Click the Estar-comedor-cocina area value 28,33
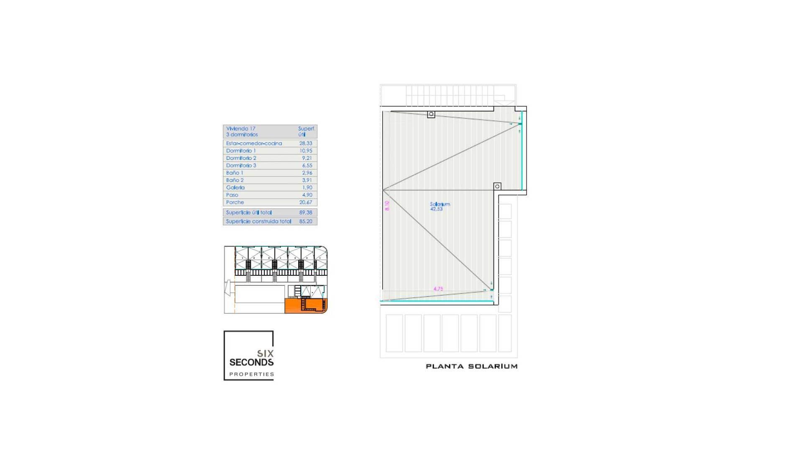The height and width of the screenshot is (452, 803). point(306,143)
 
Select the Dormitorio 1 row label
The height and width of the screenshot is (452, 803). point(241,151)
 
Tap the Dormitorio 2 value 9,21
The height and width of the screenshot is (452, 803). point(307,158)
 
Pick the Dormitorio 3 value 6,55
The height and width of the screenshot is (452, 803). point(307,165)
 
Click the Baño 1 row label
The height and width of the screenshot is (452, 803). point(235,173)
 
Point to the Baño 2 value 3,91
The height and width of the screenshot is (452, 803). point(307,180)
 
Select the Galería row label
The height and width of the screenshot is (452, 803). point(235,187)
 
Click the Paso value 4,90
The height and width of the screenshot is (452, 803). point(307,195)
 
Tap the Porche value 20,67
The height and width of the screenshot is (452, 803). point(306,202)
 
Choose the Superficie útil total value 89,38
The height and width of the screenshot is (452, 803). point(306,213)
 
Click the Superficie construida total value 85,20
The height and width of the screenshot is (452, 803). point(306,221)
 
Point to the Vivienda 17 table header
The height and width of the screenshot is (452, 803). point(242,131)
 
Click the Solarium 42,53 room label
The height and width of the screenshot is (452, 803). point(440,206)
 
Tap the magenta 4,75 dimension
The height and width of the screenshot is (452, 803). point(438,289)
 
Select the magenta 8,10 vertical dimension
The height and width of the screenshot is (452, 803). point(387,205)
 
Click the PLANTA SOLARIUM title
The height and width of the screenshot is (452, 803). point(471,366)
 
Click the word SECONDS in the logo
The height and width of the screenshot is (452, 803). point(251,362)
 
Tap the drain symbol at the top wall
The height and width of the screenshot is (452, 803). point(431,114)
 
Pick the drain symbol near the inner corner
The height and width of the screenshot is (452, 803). point(497,186)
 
